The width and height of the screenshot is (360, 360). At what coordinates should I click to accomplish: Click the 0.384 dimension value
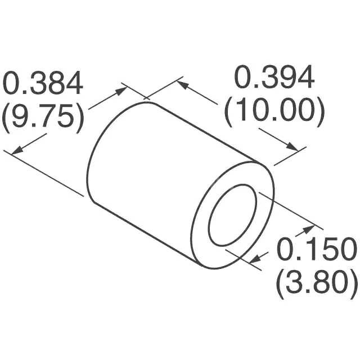coord(43,83)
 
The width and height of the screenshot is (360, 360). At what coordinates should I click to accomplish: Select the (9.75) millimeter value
coord(43,117)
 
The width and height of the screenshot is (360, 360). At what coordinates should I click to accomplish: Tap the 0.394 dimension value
coord(274,79)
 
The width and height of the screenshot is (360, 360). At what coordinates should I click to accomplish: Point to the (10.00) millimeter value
coord(274,113)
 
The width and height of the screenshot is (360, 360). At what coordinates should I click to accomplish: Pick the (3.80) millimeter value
coord(316,282)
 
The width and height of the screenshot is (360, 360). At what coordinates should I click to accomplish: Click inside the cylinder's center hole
coord(232,215)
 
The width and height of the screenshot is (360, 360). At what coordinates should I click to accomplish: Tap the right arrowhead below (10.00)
coord(294,147)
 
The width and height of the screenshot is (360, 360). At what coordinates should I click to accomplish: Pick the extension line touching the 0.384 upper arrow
coord(135,93)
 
